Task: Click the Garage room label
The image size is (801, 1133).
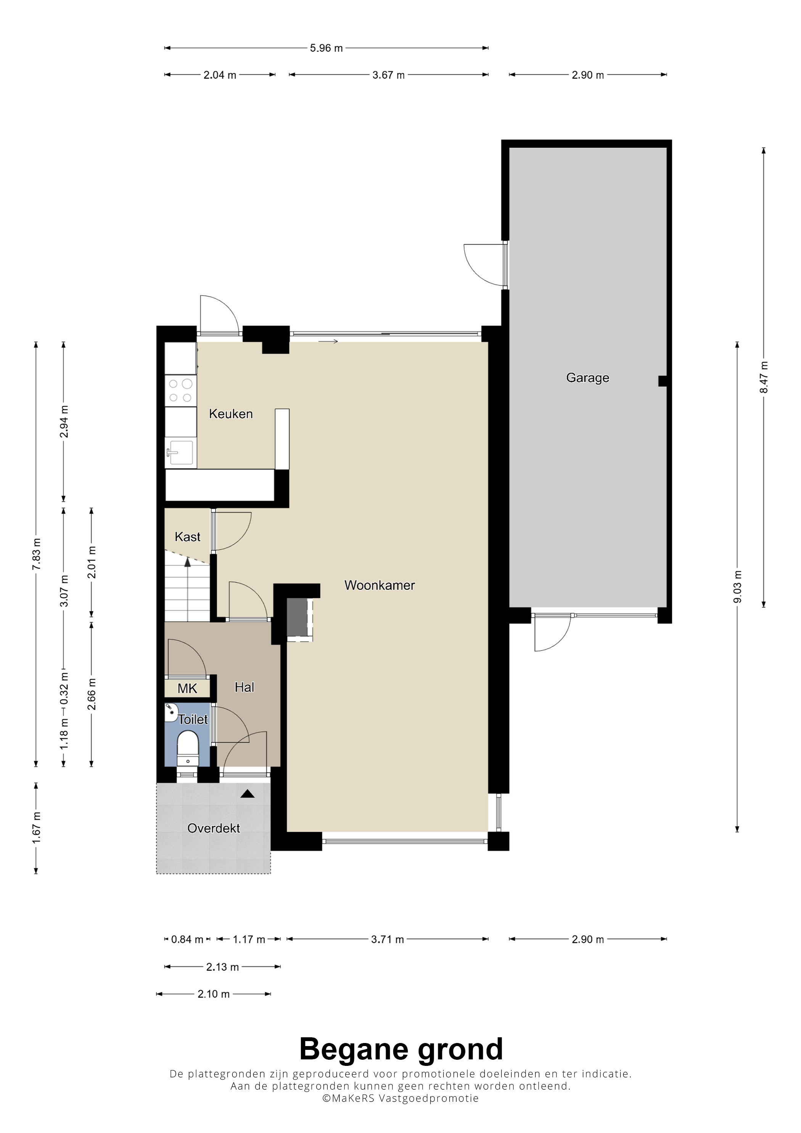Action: coord(587,378)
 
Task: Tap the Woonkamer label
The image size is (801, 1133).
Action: coord(380,585)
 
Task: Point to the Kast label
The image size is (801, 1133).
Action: coord(188,537)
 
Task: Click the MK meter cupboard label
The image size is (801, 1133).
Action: coord(188,688)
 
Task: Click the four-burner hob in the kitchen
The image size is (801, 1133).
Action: coord(181,391)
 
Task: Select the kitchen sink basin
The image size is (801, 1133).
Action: coord(181,453)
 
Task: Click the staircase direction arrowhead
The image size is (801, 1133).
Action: coord(188,562)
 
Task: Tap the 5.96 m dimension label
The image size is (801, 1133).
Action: coord(326,48)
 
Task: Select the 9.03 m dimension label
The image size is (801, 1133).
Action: coord(737,587)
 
